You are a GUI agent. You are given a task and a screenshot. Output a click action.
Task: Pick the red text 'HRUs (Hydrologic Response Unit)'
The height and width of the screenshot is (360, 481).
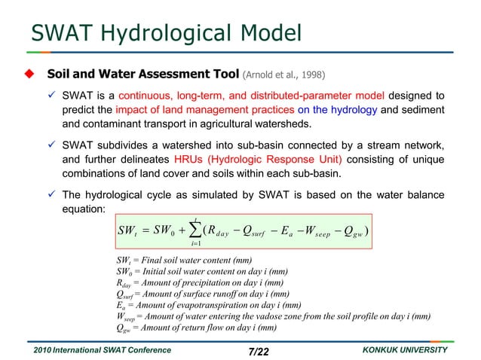tap(258, 159)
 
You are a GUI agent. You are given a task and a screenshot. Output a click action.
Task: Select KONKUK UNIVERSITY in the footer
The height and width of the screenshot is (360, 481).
tap(404, 351)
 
